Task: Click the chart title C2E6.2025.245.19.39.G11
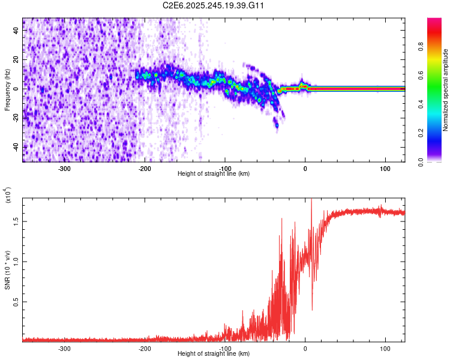click(x=214, y=5)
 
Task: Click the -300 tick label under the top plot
click(x=65, y=168)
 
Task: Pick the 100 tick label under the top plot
click(x=385, y=168)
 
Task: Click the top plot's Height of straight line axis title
click(x=214, y=174)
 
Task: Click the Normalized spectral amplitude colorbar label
click(x=446, y=90)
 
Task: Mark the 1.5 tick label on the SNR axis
click(x=16, y=221)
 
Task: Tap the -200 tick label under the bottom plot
click(x=145, y=348)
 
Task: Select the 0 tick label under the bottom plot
click(x=305, y=348)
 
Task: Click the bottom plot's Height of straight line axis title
click(x=214, y=354)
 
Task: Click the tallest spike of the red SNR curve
click(x=311, y=200)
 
